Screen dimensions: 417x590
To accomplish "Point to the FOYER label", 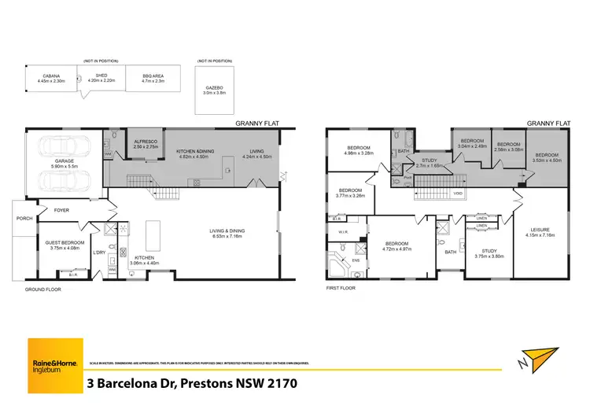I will point(61,210).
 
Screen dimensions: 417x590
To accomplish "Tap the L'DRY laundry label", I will point(100,252).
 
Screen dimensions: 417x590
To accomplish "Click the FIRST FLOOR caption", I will point(341,289).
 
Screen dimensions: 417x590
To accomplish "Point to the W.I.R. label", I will point(343,232).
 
